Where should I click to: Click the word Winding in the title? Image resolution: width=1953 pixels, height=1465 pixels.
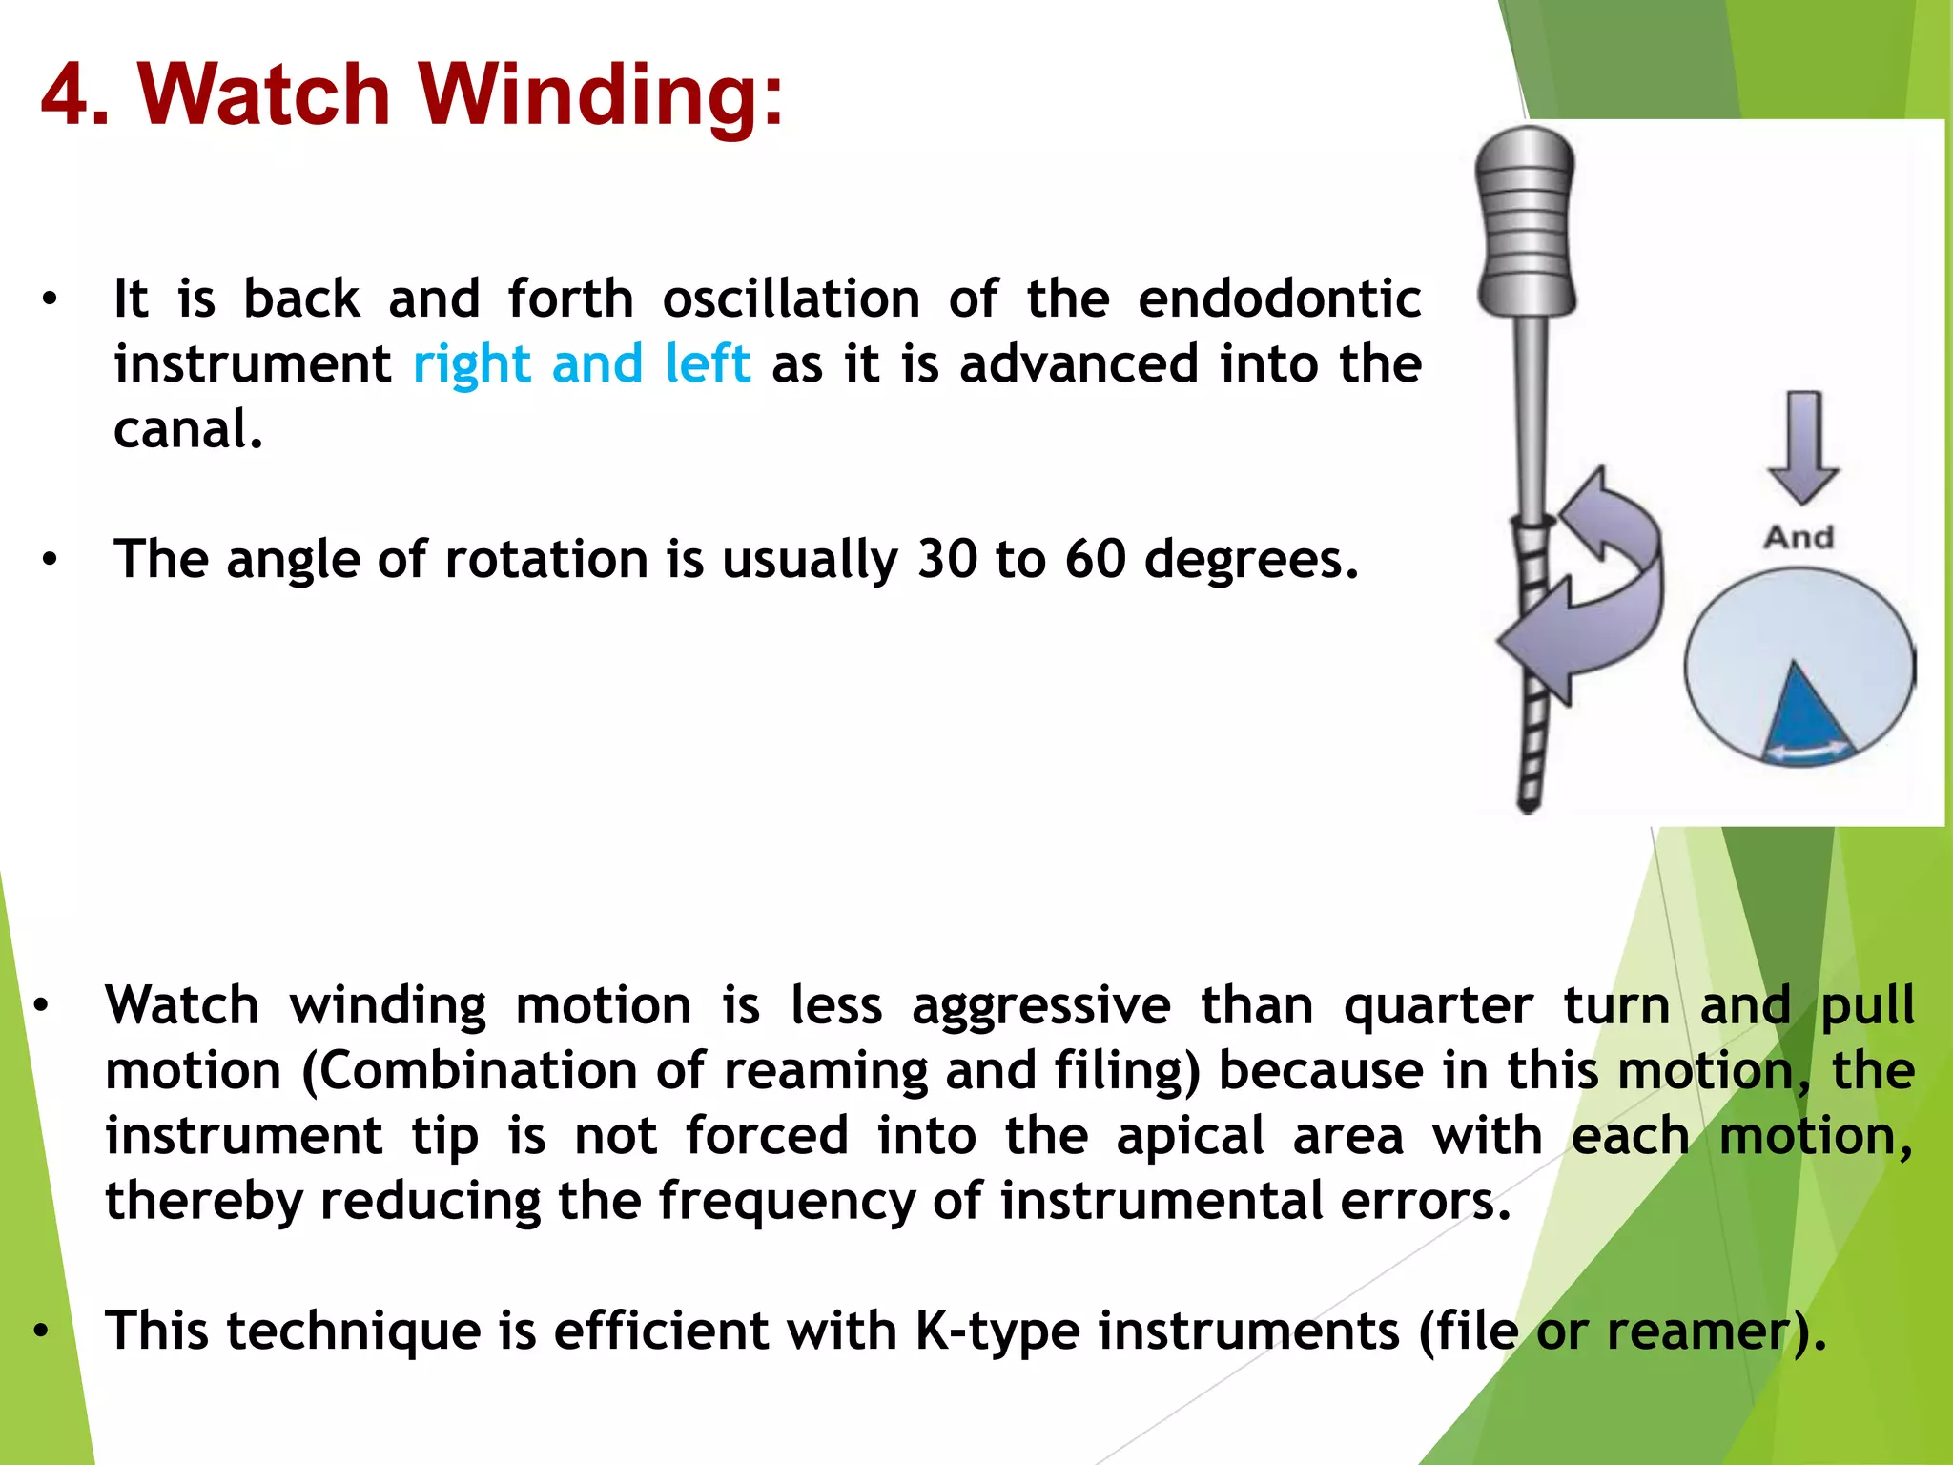click(x=601, y=95)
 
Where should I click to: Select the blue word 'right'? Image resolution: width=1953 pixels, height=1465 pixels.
click(x=471, y=364)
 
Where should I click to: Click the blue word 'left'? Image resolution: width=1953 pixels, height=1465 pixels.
click(x=708, y=364)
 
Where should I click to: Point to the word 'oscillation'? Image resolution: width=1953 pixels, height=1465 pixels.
click(x=791, y=299)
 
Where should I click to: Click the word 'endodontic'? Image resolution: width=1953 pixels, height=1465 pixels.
click(x=1279, y=299)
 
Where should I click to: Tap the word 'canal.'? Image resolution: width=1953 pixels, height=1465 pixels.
click(x=188, y=430)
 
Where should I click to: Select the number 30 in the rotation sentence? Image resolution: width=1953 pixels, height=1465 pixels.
click(x=947, y=559)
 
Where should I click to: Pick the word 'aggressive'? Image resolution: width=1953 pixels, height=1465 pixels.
click(x=1040, y=1006)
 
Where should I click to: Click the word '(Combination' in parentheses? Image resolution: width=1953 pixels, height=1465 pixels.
click(x=468, y=1071)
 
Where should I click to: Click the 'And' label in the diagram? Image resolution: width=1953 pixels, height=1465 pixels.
click(x=1799, y=537)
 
